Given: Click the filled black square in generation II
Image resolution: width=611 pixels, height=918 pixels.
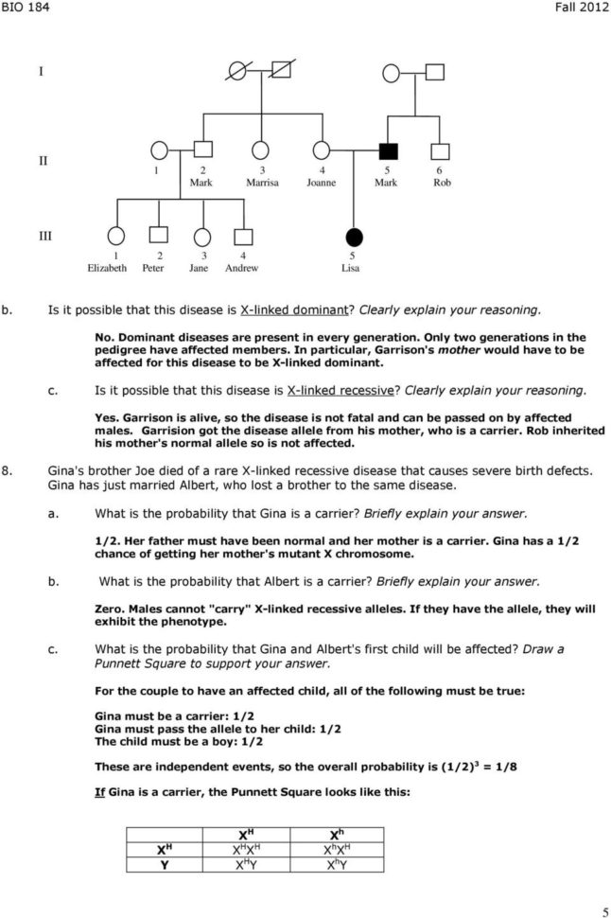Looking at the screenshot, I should [386, 150].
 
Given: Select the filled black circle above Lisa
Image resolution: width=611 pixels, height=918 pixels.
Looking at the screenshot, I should [354, 236].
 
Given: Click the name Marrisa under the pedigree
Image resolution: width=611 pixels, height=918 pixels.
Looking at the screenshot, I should [262, 182].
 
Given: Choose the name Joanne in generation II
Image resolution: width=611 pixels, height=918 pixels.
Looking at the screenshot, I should [322, 182].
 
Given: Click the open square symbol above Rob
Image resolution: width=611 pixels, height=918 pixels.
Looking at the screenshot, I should [441, 150].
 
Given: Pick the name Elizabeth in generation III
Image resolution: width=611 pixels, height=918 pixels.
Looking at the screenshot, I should [107, 268].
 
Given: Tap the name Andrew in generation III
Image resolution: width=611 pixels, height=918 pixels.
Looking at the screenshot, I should [243, 268].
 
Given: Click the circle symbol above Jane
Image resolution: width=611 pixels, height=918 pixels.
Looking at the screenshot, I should [201, 236].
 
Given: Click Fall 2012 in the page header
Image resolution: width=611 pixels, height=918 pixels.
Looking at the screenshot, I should [580, 9].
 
